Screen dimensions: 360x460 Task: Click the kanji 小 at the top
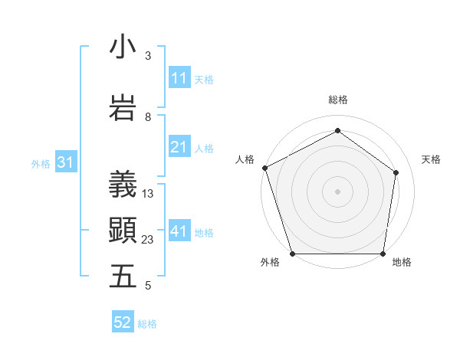point(123,47)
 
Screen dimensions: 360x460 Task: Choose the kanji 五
point(123,277)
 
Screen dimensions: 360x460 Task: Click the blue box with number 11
point(179,78)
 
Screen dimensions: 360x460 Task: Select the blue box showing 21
point(179,148)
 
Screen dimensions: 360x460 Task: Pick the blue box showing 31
point(65,163)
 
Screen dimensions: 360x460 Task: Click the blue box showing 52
point(123,323)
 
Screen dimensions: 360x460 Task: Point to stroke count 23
point(148,240)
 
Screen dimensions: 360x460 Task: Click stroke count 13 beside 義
point(148,194)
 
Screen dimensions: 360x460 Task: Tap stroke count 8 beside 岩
point(148,117)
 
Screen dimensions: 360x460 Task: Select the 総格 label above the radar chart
point(337,100)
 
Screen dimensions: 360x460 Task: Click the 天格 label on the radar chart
point(431,159)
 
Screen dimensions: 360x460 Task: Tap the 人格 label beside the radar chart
point(245,159)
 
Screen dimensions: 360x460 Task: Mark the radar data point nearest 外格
point(292,254)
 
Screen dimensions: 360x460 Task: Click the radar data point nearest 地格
point(383,254)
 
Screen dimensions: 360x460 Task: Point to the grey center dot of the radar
point(337,191)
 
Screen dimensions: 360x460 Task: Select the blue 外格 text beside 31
point(41,164)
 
